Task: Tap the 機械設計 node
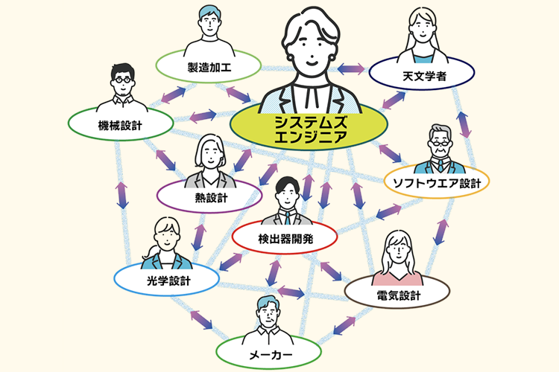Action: pyautogui.click(x=120, y=124)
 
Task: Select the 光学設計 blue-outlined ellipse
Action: pyautogui.click(x=165, y=280)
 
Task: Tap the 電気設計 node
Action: pyautogui.click(x=398, y=295)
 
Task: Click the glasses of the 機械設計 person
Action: pyautogui.click(x=121, y=78)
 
